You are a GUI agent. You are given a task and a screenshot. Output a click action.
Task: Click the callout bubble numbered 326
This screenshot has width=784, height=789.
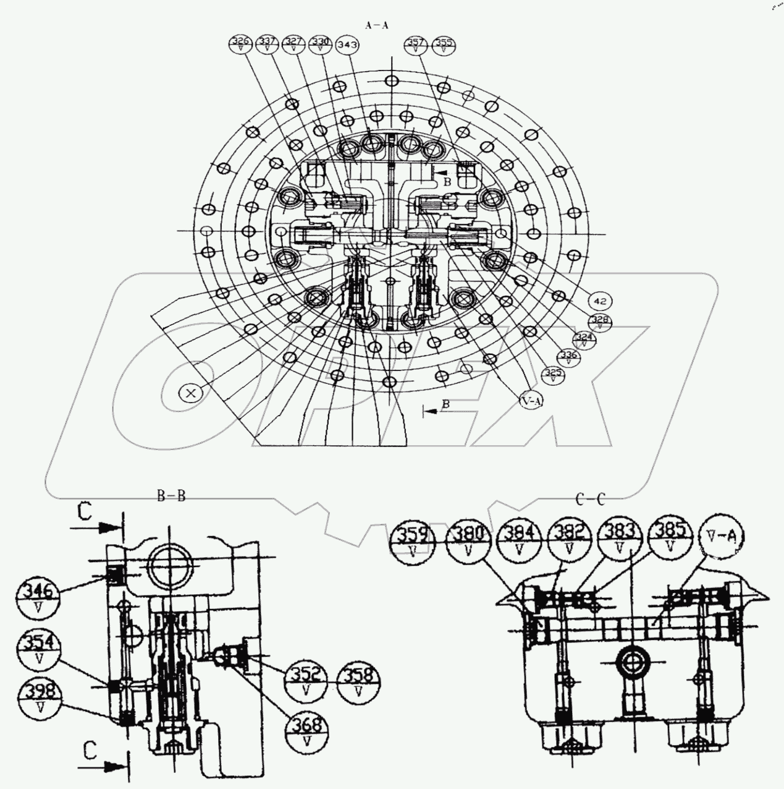click(x=241, y=45)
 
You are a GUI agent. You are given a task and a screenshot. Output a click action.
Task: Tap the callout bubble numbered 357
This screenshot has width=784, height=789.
click(x=416, y=45)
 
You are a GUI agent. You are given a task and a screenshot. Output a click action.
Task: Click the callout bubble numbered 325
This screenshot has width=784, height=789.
click(x=552, y=375)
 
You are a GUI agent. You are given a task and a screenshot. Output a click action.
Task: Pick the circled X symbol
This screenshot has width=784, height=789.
click(x=190, y=392)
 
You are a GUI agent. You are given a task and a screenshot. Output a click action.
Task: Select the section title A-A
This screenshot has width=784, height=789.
click(x=377, y=25)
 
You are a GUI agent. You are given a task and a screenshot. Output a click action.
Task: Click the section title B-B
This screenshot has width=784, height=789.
click(x=171, y=496)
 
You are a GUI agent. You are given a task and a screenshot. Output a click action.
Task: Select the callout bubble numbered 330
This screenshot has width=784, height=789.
click(x=320, y=45)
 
